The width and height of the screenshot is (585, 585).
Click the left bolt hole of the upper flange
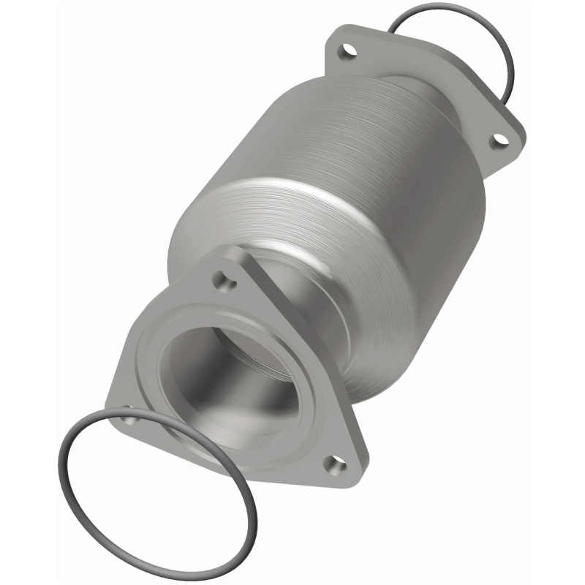tap(346, 53)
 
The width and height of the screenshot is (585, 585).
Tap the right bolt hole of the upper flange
tap(500, 137)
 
